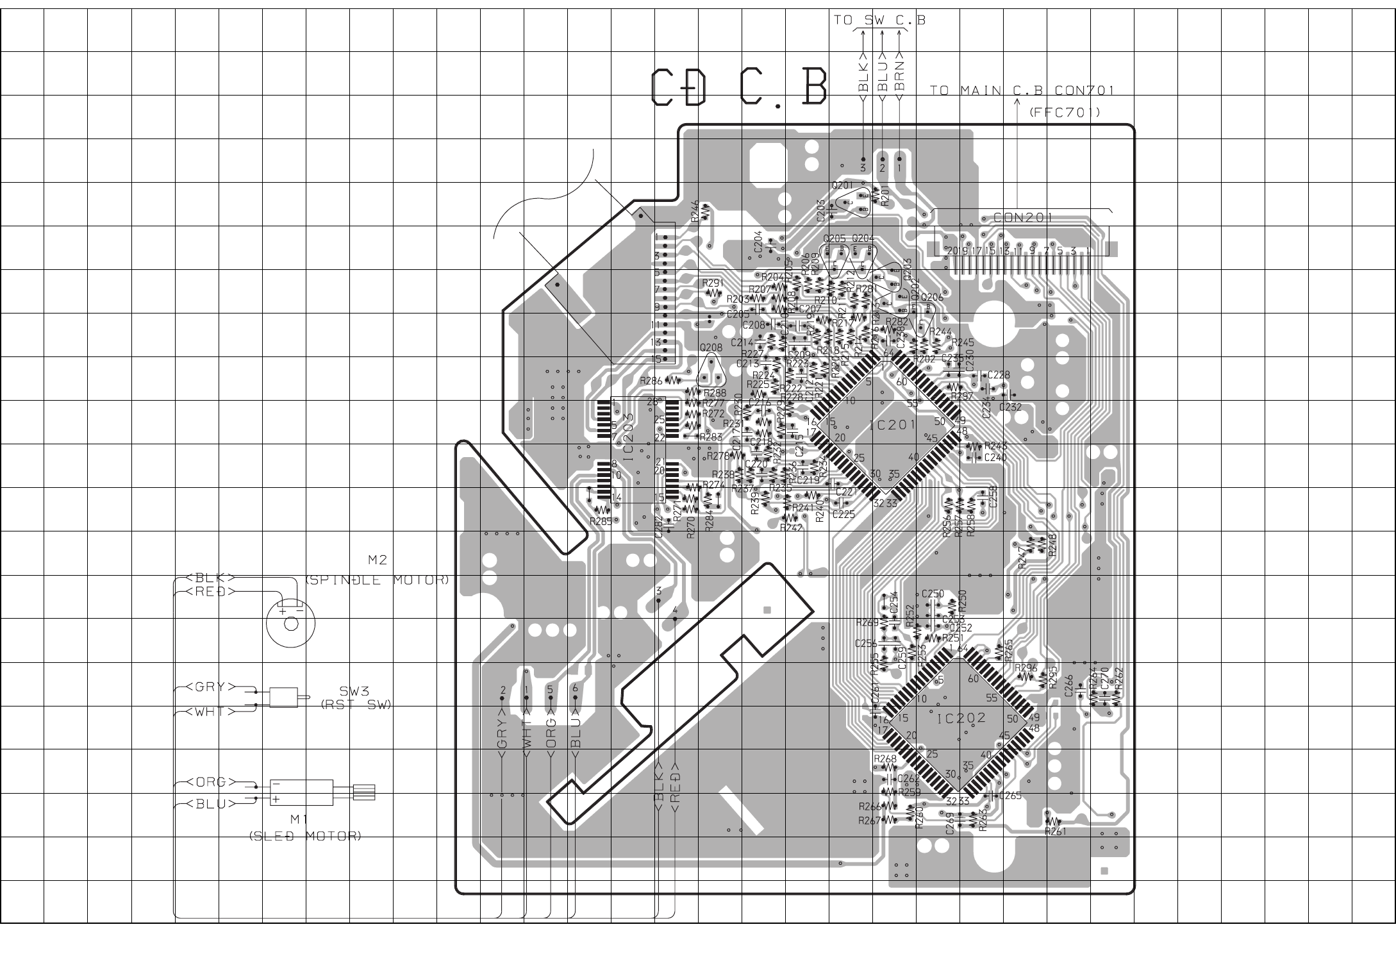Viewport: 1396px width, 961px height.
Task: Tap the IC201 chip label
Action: tap(892, 425)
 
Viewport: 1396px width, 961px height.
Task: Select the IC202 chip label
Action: tap(961, 719)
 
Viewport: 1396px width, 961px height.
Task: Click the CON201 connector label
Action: tap(1023, 217)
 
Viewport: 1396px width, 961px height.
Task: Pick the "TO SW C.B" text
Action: tap(879, 21)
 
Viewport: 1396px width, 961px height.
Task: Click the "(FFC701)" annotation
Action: tap(1065, 113)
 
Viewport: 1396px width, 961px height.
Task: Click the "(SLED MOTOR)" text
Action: tap(305, 836)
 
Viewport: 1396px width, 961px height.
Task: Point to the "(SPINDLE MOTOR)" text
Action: tap(377, 580)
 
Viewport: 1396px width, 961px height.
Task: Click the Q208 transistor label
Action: tap(711, 347)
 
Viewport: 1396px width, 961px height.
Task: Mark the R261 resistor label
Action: tap(1055, 831)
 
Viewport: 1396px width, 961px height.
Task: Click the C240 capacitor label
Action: tap(995, 458)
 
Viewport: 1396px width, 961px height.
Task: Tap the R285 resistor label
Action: tap(601, 521)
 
